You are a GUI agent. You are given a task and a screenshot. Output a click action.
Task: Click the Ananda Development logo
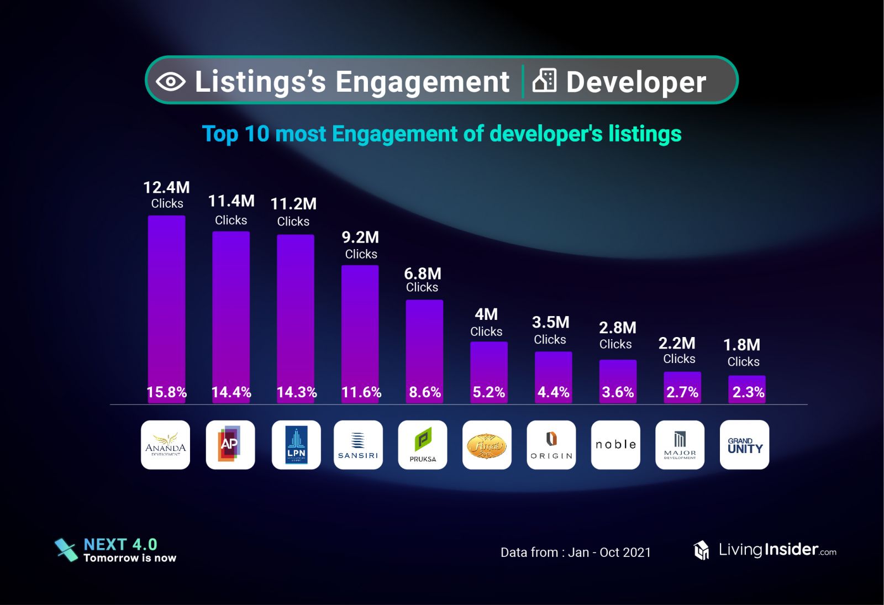(x=165, y=445)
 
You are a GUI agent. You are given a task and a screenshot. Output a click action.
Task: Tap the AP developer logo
(x=230, y=445)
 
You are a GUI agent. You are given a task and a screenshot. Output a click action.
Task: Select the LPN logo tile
(x=296, y=445)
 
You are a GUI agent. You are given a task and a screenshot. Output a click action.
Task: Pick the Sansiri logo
(x=358, y=445)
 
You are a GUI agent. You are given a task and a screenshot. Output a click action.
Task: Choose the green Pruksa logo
(x=423, y=445)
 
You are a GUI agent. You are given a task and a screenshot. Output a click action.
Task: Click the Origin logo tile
(x=551, y=445)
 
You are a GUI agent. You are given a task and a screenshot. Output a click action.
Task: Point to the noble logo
(x=615, y=445)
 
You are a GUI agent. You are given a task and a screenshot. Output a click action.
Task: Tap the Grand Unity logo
(x=744, y=445)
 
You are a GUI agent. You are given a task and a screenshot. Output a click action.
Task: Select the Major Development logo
(x=680, y=445)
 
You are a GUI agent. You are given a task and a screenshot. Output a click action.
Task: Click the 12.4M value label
(x=166, y=188)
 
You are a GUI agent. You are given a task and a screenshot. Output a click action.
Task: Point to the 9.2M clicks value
(x=360, y=238)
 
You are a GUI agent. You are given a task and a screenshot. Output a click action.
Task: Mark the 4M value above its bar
(x=486, y=314)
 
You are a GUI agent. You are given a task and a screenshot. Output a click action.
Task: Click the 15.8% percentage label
(x=166, y=392)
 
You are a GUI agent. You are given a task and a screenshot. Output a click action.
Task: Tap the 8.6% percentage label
(x=424, y=392)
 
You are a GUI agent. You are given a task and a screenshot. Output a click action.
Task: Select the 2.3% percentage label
(x=748, y=392)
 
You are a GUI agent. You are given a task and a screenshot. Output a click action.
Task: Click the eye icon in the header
(x=171, y=82)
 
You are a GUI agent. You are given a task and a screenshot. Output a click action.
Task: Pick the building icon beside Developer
(x=544, y=81)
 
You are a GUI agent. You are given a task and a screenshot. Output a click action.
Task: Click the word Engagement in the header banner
(x=422, y=82)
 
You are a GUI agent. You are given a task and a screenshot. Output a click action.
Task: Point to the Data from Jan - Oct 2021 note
(x=576, y=553)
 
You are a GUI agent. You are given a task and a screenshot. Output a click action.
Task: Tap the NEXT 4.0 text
(x=120, y=545)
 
